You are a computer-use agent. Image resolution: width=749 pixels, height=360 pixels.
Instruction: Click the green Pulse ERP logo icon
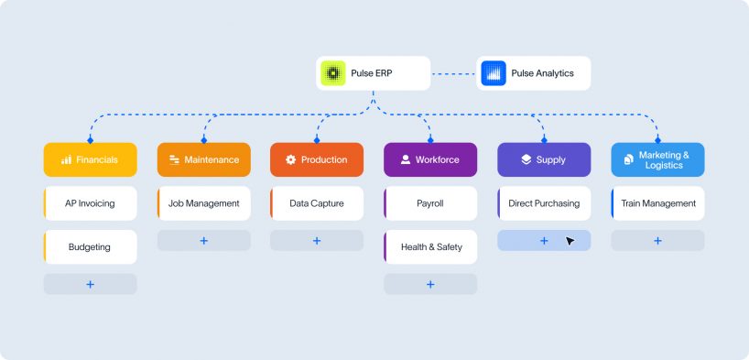tap(333, 73)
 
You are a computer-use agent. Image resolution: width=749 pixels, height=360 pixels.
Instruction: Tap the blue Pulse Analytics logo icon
tap(494, 73)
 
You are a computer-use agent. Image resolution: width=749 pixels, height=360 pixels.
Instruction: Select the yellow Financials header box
tap(91, 159)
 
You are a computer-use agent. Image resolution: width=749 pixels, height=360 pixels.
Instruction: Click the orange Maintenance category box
tap(204, 159)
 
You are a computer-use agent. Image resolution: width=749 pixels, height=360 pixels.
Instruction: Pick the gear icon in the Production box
tap(291, 159)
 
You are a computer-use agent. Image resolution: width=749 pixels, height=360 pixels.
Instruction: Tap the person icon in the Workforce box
tap(406, 159)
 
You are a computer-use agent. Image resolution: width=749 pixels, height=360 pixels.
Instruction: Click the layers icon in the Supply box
tap(526, 159)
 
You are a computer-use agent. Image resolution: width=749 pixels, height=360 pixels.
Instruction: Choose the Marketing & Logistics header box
tap(657, 159)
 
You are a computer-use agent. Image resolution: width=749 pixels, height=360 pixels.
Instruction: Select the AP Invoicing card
tap(91, 203)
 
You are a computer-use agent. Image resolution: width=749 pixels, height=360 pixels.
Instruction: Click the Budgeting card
tap(91, 247)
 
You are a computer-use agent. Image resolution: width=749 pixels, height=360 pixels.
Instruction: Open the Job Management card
tap(204, 203)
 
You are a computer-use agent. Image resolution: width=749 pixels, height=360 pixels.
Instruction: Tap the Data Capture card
tap(317, 203)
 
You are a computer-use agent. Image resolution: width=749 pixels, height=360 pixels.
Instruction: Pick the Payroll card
tap(430, 203)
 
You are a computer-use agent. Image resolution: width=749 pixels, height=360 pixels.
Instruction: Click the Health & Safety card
tap(430, 247)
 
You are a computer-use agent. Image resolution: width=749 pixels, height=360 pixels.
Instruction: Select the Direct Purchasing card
tap(544, 203)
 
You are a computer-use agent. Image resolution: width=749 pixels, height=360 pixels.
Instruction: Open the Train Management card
tap(657, 203)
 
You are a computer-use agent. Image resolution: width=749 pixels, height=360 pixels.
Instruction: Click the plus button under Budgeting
tap(91, 285)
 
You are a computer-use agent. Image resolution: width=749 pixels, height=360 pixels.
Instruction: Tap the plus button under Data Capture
tap(317, 241)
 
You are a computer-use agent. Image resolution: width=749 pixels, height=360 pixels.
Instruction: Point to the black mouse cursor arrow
tap(570, 241)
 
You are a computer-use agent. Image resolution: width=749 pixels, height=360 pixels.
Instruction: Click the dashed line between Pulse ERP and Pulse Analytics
tap(453, 73)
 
